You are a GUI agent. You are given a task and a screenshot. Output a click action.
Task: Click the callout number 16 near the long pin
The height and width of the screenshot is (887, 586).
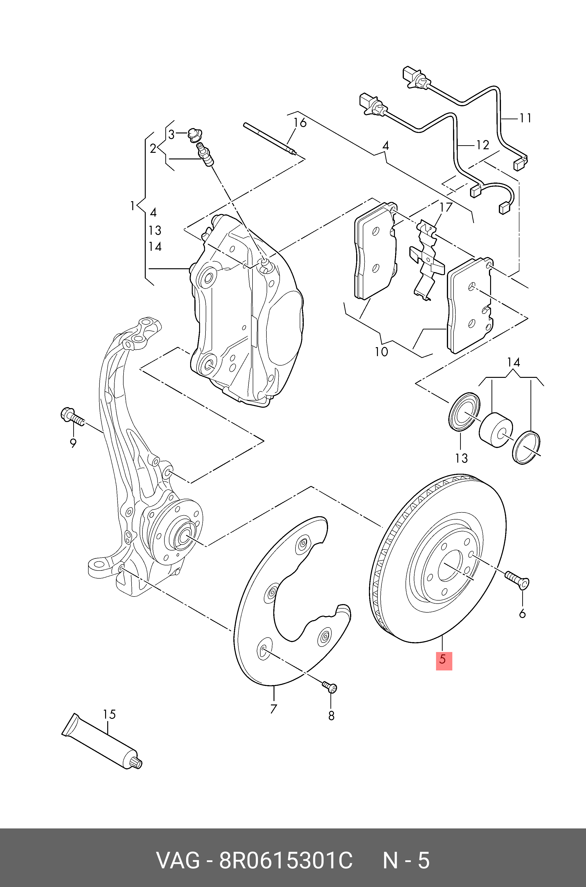300,123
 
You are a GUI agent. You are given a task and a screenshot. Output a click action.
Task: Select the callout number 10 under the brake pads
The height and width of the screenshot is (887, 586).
381,352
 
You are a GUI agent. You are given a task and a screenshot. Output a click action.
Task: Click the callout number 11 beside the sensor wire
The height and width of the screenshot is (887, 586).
526,118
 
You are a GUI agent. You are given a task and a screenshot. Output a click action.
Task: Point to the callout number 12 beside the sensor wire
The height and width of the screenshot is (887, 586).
483,145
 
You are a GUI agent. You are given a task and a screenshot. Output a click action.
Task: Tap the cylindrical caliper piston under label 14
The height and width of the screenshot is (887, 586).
496,429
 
